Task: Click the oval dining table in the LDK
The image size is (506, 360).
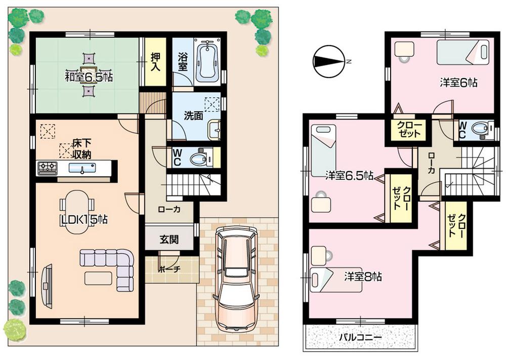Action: (77, 213)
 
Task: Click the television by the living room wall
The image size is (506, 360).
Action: (47, 285)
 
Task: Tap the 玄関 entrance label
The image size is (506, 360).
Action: (170, 239)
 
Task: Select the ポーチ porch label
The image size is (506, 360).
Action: (169, 269)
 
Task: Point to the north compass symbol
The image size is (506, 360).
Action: (328, 61)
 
